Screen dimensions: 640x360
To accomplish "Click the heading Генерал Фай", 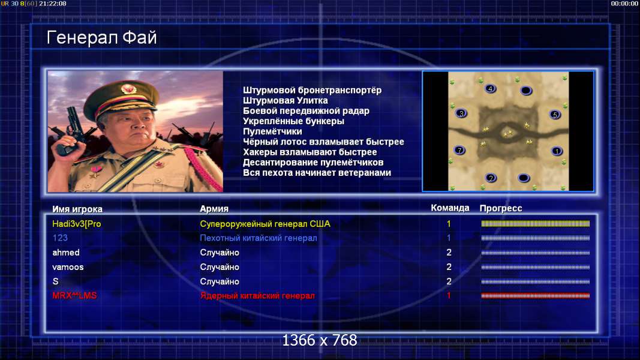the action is click(101, 38).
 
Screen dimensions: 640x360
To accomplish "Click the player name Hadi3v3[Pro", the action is click(77, 224).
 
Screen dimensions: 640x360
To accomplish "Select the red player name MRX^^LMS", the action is click(75, 296).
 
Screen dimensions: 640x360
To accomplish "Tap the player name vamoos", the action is click(68, 267).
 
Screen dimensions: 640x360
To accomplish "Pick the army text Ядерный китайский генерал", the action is click(257, 296).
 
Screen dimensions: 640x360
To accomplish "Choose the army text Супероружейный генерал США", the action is click(265, 224).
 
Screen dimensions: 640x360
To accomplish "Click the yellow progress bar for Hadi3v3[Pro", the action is click(536, 224).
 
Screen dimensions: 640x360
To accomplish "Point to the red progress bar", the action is click(536, 296).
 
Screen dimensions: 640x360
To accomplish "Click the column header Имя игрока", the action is click(77, 209).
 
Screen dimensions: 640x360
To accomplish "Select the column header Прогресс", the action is click(501, 208).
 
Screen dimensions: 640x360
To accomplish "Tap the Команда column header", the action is click(450, 208).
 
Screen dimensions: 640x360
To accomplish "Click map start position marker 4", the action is click(490, 89).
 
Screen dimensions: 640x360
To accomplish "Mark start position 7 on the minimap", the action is click(459, 150).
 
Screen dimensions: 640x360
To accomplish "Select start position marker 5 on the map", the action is click(555, 115).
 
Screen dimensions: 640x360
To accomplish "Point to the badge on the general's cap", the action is click(128, 89).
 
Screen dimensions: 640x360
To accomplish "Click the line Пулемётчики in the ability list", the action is click(273, 131).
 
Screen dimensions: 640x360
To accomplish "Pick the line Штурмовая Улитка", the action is click(286, 100).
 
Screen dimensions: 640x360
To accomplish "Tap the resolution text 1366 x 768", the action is click(320, 340).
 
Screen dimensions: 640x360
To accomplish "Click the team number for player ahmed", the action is click(449, 253).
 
